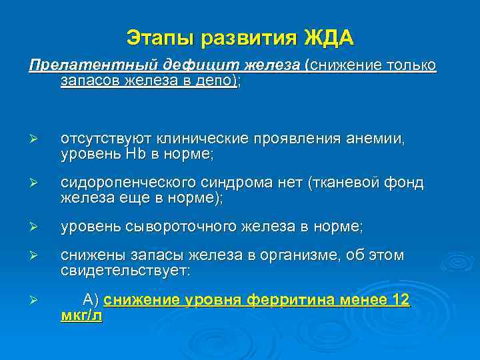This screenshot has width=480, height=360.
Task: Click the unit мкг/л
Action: [x=81, y=315]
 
